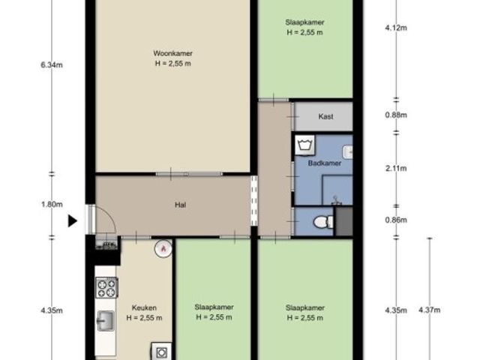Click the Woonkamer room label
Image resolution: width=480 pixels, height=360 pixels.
coord(173,53)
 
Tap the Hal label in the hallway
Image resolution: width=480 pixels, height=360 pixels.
coord(180,205)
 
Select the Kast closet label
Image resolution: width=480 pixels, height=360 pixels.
coord(325,116)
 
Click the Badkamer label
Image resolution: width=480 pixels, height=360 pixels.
coord(325,163)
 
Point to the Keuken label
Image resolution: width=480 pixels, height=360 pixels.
coord(144,307)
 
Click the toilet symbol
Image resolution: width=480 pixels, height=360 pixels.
coord(323,222)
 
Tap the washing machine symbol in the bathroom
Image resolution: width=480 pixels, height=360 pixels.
coord(305,145)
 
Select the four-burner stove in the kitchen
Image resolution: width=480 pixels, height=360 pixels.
coord(106,288)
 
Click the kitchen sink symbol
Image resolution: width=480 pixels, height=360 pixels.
coord(106,321)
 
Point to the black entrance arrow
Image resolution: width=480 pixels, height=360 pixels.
coord(72,221)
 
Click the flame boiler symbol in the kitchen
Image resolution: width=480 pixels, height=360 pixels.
coord(163,248)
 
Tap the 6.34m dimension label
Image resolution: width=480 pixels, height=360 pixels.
coord(52,65)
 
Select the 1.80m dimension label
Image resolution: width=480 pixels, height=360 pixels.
coord(52,204)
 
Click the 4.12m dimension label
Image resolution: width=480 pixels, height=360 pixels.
coord(396,28)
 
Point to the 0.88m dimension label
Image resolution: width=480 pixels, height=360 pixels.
coord(396,115)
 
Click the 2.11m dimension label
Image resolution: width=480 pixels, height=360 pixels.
coord(396,168)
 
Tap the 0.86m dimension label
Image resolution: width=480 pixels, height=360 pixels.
coord(396,220)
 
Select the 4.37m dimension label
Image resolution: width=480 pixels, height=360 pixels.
coord(430,310)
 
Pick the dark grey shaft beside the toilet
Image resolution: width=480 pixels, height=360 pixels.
coord(344,221)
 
